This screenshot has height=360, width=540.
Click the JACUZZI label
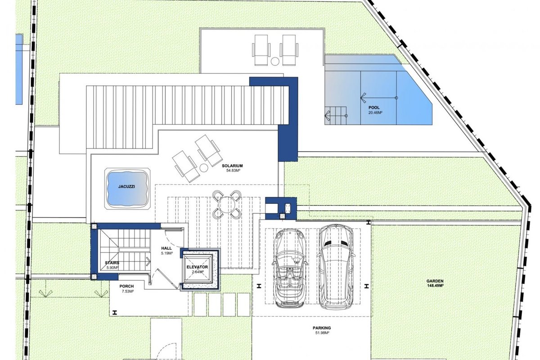[126, 187]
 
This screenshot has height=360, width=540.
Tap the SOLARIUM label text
[232, 166]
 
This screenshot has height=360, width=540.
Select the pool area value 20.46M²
[376, 112]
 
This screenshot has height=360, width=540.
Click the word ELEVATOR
[197, 267]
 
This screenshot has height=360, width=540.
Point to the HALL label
[166, 248]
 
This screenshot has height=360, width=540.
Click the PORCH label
[126, 287]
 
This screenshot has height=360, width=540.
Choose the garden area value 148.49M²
[435, 285]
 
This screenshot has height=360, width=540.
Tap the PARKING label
[322, 328]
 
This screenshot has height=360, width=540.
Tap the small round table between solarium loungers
[204, 168]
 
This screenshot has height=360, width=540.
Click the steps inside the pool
[336, 116]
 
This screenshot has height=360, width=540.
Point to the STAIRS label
[112, 263]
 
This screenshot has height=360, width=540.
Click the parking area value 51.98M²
[322, 333]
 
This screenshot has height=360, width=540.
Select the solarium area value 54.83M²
[232, 171]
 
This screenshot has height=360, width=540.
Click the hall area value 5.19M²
[167, 253]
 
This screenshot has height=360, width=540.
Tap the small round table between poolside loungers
[275, 61]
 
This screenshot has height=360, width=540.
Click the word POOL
[374, 108]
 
